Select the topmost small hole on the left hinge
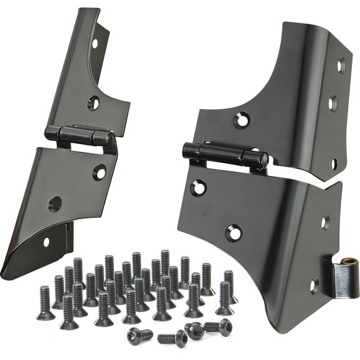(95, 44)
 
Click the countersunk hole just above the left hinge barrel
(93, 103)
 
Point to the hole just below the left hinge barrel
(100, 172)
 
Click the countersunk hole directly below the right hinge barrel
(199, 186)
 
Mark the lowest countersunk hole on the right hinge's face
(233, 232)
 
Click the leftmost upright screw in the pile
(45, 303)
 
